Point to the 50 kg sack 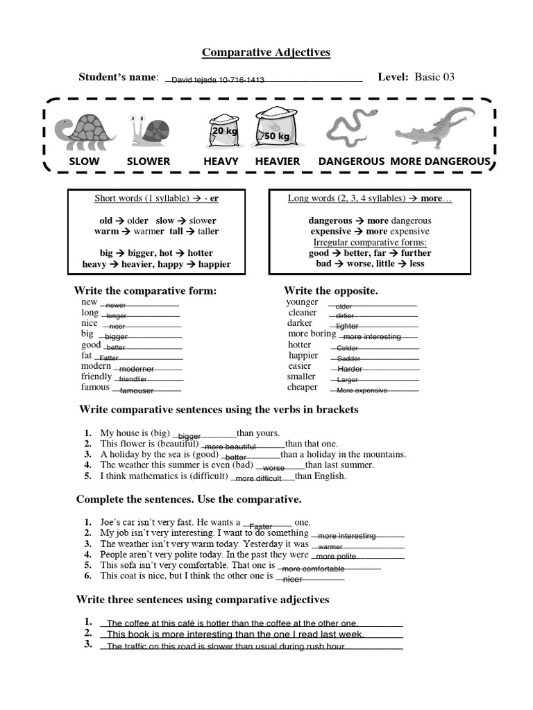(x=276, y=132)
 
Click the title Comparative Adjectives (x=266, y=52)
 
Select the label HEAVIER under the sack (x=278, y=162)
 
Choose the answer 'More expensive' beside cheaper (x=362, y=390)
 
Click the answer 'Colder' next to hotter (x=347, y=348)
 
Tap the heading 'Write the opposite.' (x=331, y=291)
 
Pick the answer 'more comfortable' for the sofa (x=313, y=569)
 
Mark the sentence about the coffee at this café (x=232, y=623)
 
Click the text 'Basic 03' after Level (x=434, y=77)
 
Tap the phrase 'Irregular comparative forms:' (x=370, y=242)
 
